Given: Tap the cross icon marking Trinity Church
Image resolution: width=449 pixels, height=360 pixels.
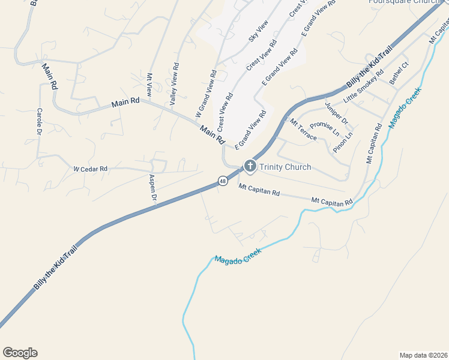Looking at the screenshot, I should pyautogui.click(x=250, y=166).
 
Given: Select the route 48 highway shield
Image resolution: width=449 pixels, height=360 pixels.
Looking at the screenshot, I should pyautogui.click(x=223, y=181).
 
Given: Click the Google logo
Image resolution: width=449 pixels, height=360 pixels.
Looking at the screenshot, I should pyautogui.click(x=20, y=353).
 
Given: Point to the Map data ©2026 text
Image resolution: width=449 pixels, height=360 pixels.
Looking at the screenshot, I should pyautogui.click(x=423, y=355).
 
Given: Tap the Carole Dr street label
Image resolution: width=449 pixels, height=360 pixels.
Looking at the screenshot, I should pyautogui.click(x=40, y=121).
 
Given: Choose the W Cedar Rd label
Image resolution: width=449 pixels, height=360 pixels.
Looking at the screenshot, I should pyautogui.click(x=90, y=170).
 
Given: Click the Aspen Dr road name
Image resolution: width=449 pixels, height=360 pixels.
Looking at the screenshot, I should pyautogui.click(x=153, y=188).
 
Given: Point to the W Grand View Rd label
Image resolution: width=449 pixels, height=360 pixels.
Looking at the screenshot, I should pyautogui.click(x=205, y=94).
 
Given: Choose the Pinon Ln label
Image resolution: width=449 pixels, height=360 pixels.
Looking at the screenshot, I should pyautogui.click(x=343, y=143).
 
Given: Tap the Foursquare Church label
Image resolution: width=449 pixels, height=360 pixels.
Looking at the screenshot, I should pyautogui.click(x=405, y=2).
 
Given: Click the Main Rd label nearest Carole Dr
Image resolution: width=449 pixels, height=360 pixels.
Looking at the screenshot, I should pyautogui.click(x=49, y=76).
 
